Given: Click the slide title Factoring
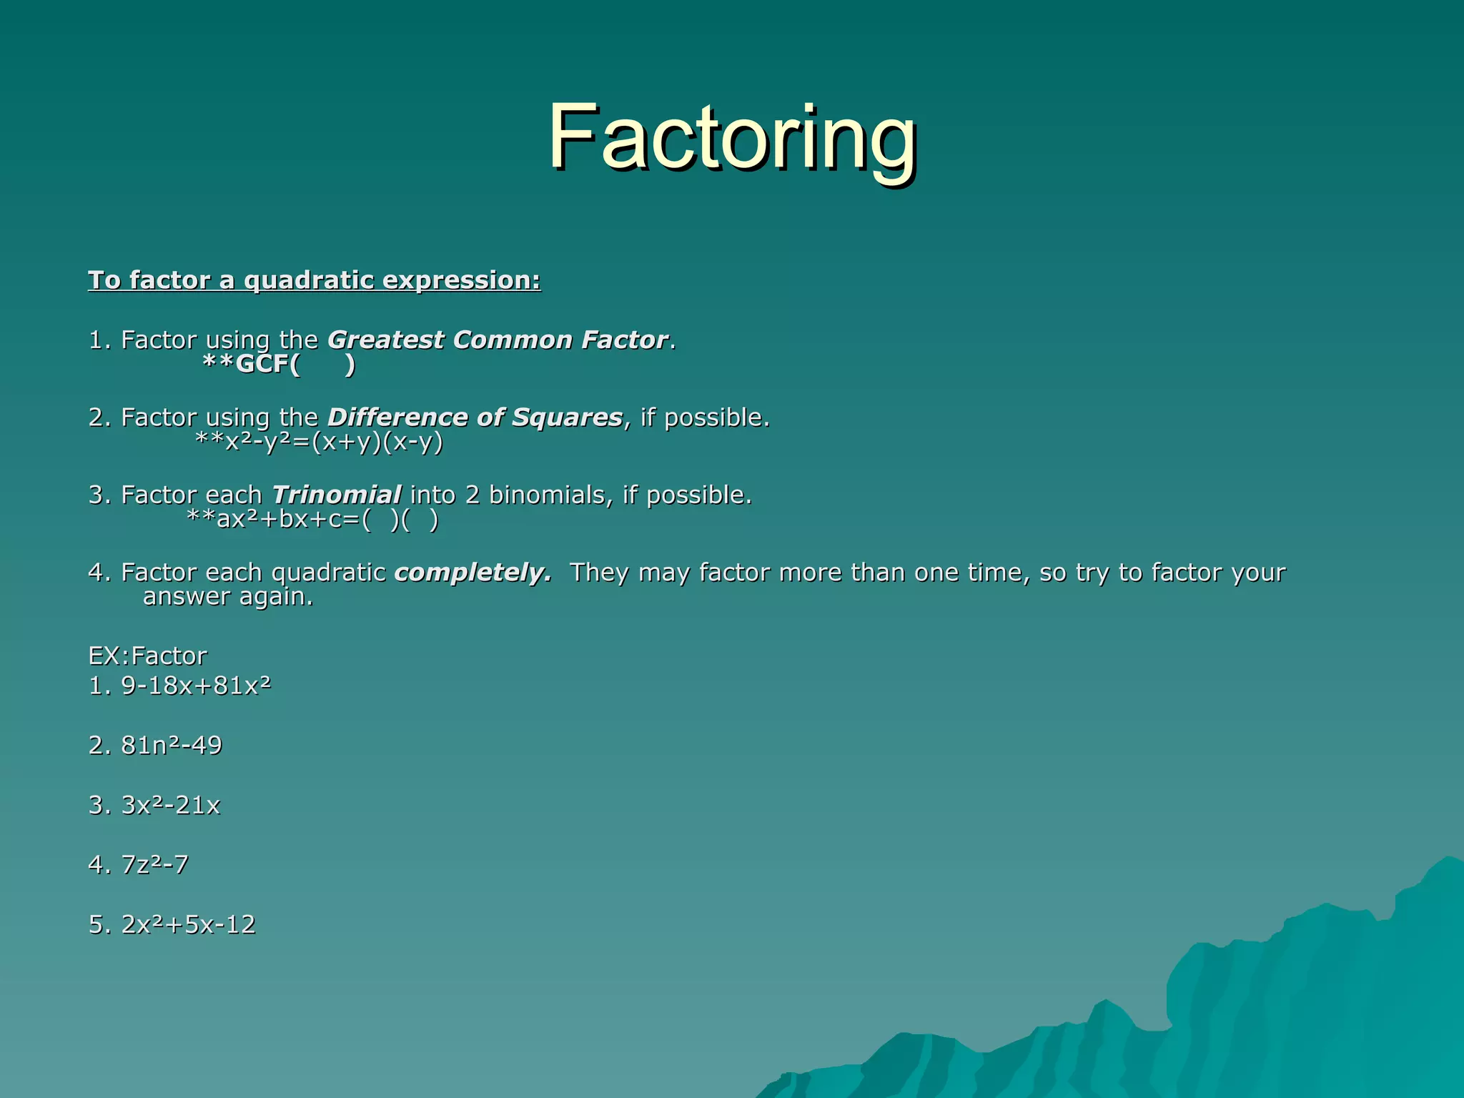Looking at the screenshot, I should click(732, 137).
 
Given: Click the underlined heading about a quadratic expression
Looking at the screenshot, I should click(315, 280).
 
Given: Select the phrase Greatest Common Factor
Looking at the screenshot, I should click(498, 340).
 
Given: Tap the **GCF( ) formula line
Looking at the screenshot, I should click(279, 365).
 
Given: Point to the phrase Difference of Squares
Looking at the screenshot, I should click(475, 417).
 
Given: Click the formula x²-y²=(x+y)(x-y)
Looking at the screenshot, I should click(320, 442).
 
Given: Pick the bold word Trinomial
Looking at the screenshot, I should click(336, 495).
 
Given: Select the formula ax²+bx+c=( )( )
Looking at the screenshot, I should click(312, 520).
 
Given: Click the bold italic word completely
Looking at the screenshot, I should click(472, 573).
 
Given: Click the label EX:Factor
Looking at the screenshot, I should click(147, 656).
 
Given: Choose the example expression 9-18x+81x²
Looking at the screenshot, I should click(196, 686).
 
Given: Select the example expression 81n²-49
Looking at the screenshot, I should click(172, 746).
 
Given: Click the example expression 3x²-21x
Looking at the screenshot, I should click(171, 806).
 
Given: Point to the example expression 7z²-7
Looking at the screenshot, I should click(154, 865).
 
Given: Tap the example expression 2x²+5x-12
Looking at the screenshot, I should click(188, 925).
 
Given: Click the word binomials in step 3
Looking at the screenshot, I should click(547, 495).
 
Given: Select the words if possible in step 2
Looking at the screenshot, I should click(705, 417).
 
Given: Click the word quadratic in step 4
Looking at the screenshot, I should click(328, 573).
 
